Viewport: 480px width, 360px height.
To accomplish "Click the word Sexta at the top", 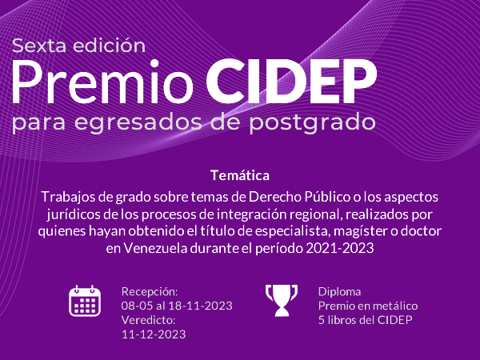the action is [x=39, y=46].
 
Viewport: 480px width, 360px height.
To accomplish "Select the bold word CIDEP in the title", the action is [x=291, y=81].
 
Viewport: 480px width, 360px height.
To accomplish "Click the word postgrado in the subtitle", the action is [x=312, y=122].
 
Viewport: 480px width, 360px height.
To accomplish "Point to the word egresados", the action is [x=138, y=122].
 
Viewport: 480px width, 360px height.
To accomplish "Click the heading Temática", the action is [x=240, y=175].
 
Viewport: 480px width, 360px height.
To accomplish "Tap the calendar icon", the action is [x=85, y=301].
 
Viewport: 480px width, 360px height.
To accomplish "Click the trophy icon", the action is [x=282, y=300].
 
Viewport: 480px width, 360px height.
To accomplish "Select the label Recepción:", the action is [x=150, y=292].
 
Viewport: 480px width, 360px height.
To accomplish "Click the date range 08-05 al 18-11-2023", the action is [x=177, y=306].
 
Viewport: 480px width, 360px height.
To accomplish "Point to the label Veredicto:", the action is [x=149, y=320].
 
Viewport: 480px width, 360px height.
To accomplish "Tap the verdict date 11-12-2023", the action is [x=154, y=334].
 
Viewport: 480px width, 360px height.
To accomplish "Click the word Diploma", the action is [x=339, y=292].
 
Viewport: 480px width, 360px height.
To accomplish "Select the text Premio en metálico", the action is [x=368, y=306].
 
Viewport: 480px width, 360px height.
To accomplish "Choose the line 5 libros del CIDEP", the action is [x=366, y=320].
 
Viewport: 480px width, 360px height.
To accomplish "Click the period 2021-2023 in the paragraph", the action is [x=340, y=248].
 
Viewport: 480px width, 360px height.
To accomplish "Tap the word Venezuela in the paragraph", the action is [x=155, y=248].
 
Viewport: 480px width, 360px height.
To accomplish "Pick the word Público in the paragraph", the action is [x=327, y=197].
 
